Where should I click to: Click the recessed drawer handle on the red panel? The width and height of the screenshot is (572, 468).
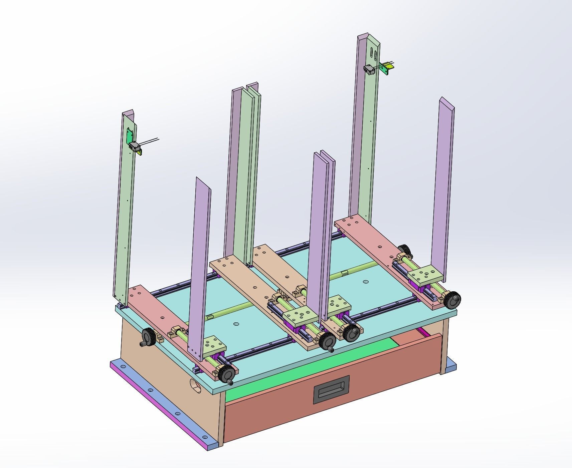331,389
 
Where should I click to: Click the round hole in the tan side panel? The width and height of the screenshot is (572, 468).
196,385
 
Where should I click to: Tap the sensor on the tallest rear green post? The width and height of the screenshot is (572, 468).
369,70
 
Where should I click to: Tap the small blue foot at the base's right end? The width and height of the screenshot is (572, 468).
451,364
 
